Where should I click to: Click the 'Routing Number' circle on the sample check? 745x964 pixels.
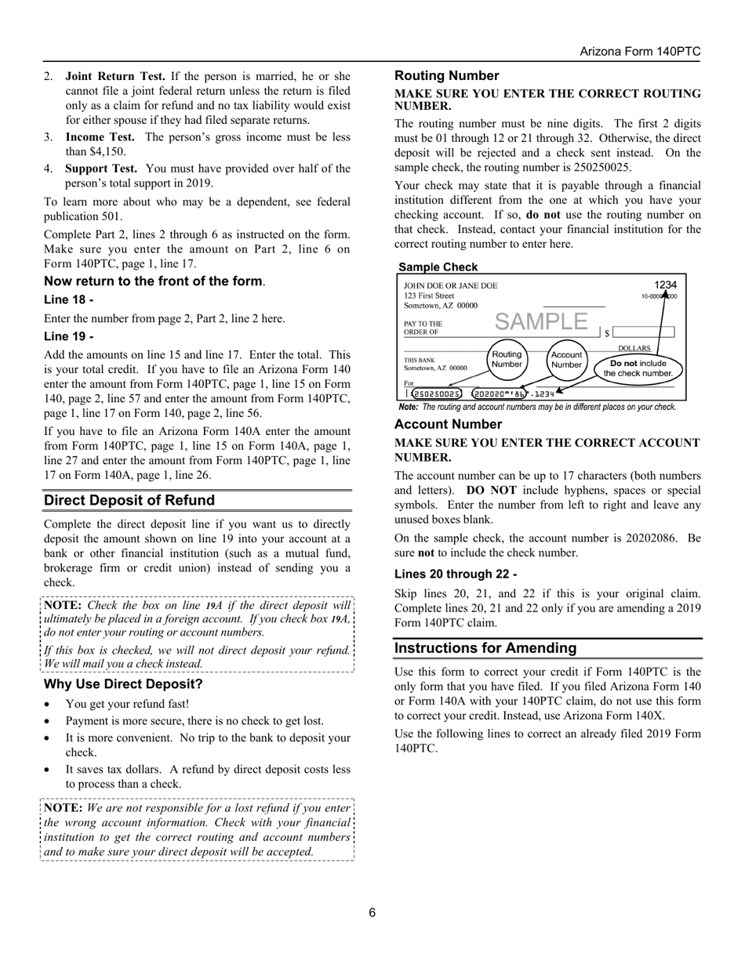click(507, 359)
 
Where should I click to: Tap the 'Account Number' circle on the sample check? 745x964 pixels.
click(566, 359)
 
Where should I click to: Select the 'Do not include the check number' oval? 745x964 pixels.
click(638, 368)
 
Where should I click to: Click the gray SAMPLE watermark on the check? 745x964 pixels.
click(541, 321)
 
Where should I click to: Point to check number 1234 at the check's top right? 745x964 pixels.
click(665, 285)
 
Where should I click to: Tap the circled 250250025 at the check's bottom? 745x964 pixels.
click(437, 393)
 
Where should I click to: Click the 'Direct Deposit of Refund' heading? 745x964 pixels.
click(129, 500)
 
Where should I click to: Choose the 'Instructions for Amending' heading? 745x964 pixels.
click(485, 648)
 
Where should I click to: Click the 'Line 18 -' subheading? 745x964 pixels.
click(69, 299)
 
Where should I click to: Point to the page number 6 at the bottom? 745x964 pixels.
click(372, 912)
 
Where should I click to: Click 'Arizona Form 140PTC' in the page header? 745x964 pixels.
click(640, 52)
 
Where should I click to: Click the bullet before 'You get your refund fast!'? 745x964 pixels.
click(49, 705)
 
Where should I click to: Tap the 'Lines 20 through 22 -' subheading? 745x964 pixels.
click(456, 574)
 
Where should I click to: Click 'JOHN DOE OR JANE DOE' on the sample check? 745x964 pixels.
click(450, 285)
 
